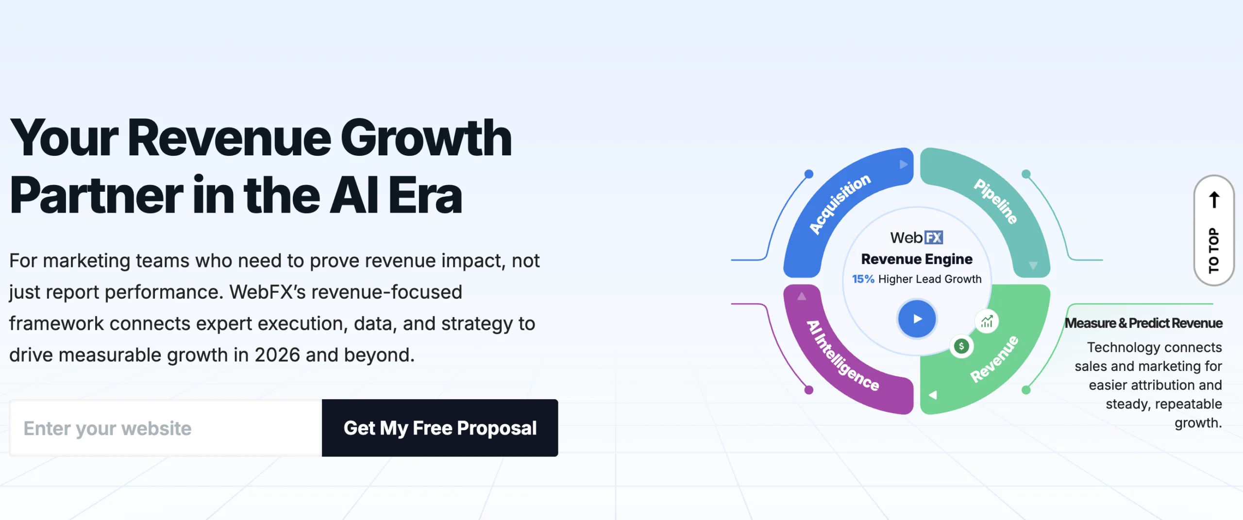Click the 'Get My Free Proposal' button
440,428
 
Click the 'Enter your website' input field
166,428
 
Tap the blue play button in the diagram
917,319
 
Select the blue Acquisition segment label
840,203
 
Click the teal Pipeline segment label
996,201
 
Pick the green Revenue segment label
994,359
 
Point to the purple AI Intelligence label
842,355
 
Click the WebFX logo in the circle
917,237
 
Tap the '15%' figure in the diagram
863,279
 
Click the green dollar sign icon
961,346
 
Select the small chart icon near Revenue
987,321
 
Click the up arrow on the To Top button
1214,200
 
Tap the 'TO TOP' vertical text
1214,250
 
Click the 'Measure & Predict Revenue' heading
1143,323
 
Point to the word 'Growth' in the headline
426,138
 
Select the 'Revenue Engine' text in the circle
917,259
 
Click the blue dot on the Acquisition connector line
808,174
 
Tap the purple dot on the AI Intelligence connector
808,390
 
